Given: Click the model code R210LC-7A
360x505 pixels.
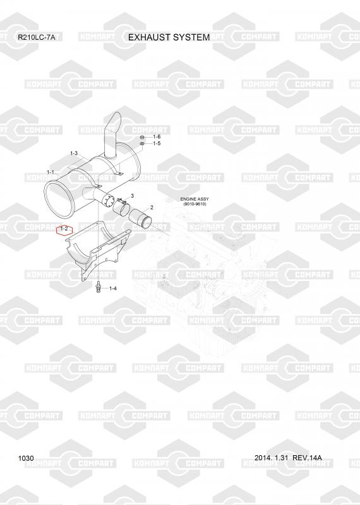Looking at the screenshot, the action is (x=37, y=37).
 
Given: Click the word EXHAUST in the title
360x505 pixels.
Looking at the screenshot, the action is (x=150, y=37).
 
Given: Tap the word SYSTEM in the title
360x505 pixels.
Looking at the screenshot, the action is (x=191, y=37).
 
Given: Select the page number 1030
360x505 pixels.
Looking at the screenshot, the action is (x=26, y=458).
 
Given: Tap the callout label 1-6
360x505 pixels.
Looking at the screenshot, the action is (x=157, y=137).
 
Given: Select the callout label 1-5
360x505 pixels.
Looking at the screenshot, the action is (x=157, y=143).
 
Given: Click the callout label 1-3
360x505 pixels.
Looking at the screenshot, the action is (x=74, y=153).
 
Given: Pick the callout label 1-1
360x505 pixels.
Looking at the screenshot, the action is (x=51, y=172).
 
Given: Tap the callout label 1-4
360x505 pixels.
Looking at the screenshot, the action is (x=113, y=288).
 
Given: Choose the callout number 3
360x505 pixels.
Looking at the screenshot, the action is (x=132, y=196).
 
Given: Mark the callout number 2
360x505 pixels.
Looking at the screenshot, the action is (x=152, y=208).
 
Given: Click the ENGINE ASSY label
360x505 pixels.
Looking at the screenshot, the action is (x=195, y=199).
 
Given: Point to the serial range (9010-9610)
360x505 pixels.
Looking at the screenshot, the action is (x=195, y=204).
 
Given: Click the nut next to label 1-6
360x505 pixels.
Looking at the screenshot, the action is (x=142, y=138).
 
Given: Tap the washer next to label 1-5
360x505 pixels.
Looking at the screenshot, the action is (x=142, y=143).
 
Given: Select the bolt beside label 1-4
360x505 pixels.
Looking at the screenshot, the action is (x=98, y=287).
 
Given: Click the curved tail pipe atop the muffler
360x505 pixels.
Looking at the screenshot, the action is (x=111, y=135).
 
